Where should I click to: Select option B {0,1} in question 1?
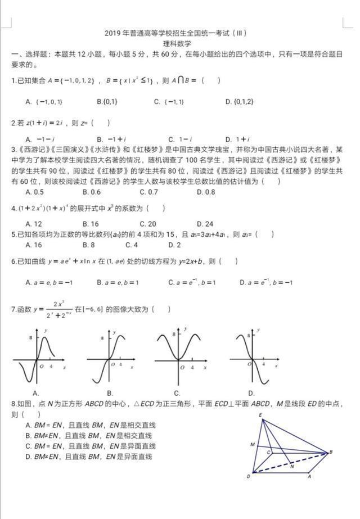click(107, 102)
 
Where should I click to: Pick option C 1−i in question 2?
click(178, 139)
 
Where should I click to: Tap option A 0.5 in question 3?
click(35, 192)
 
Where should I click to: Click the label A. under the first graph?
click(35, 393)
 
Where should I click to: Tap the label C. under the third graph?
click(177, 393)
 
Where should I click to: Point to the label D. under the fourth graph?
click(251, 393)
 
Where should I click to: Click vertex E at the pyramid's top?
click(260, 415)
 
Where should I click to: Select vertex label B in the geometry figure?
click(331, 452)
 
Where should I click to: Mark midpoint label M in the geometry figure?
click(253, 445)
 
